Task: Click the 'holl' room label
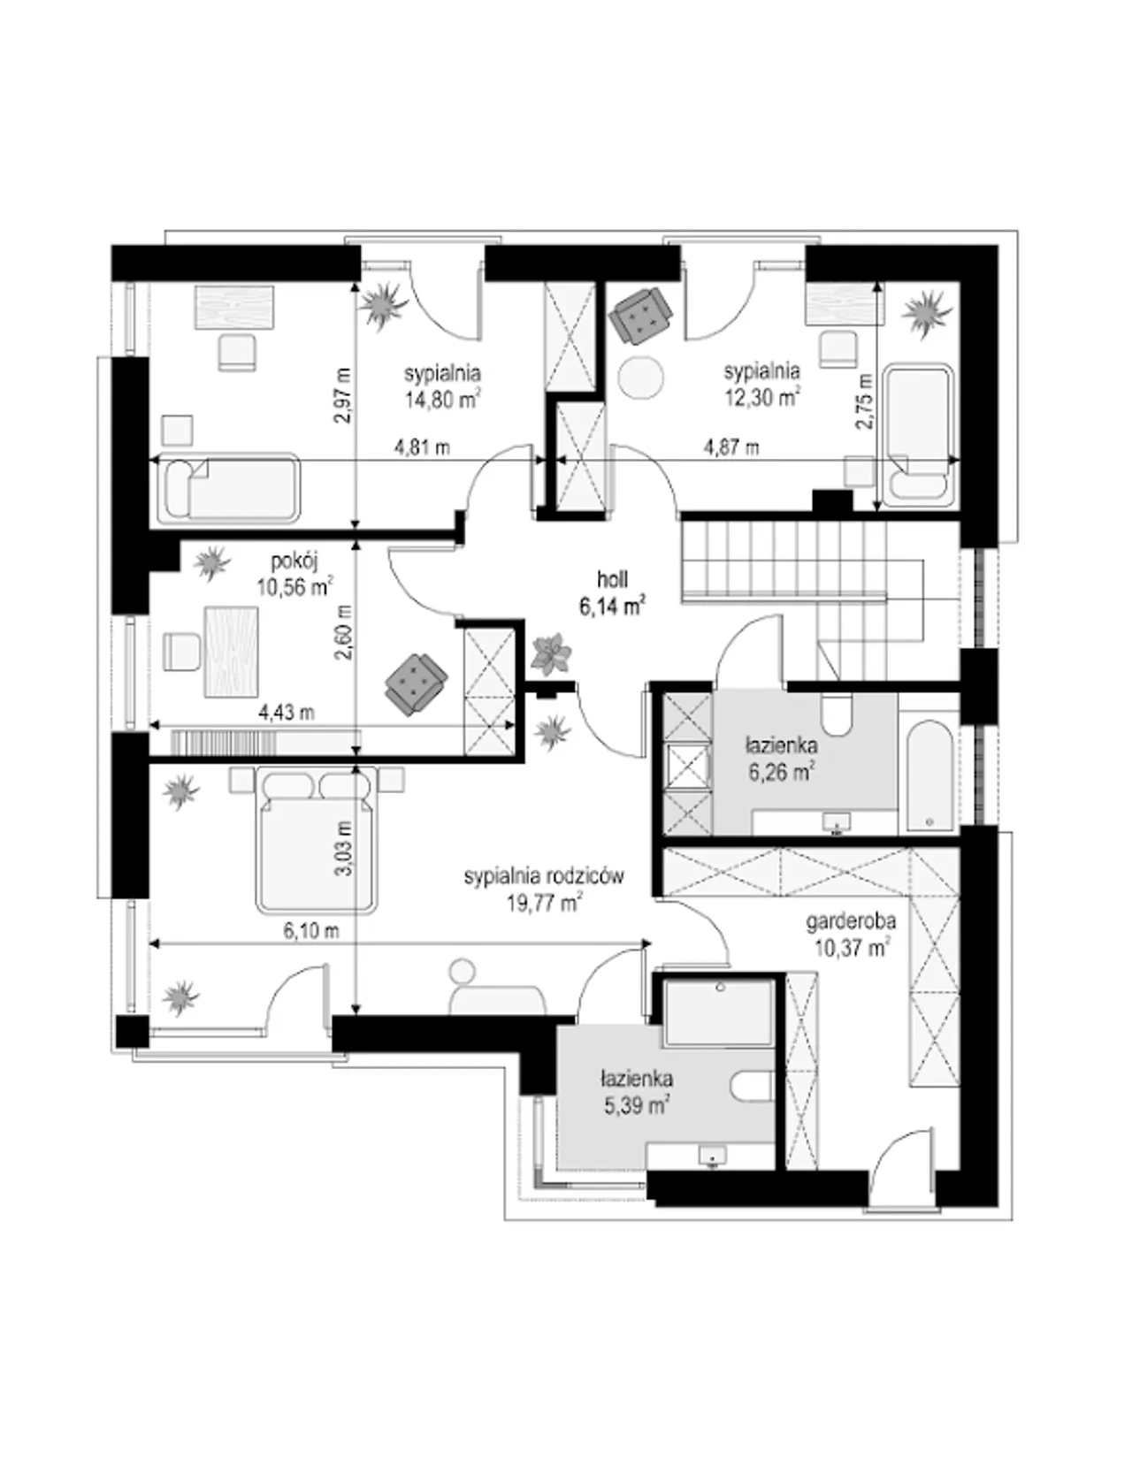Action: (x=613, y=580)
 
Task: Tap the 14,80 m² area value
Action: (x=442, y=400)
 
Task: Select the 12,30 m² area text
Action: (x=762, y=397)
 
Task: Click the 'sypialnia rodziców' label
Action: (x=544, y=876)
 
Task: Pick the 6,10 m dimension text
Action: (x=311, y=932)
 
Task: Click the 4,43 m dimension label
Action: (x=287, y=713)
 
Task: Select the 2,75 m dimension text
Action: (x=864, y=402)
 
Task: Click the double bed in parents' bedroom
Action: (x=316, y=844)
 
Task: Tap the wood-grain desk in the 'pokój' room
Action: (x=232, y=652)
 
